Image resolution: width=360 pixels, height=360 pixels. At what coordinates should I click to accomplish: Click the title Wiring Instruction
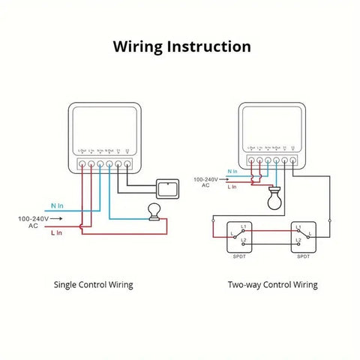pos(181,46)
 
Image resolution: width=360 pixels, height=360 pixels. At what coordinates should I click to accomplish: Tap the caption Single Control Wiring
pos(93,285)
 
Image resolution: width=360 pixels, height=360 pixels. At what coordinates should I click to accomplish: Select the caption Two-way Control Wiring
pos(272,285)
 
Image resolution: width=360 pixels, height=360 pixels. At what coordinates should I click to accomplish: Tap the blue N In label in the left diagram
pos(58,205)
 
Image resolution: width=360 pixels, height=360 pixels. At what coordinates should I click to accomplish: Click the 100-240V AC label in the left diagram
pos(33,221)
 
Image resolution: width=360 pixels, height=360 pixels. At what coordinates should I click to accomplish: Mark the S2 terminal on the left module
pos(128,163)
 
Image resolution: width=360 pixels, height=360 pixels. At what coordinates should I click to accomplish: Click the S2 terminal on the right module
pos(292,159)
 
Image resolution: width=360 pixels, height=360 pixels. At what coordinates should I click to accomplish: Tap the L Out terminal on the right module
pos(251,159)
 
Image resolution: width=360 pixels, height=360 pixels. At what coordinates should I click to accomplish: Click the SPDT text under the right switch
pos(304,256)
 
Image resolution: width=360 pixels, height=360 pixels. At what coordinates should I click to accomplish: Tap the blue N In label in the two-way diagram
pos(233,172)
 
